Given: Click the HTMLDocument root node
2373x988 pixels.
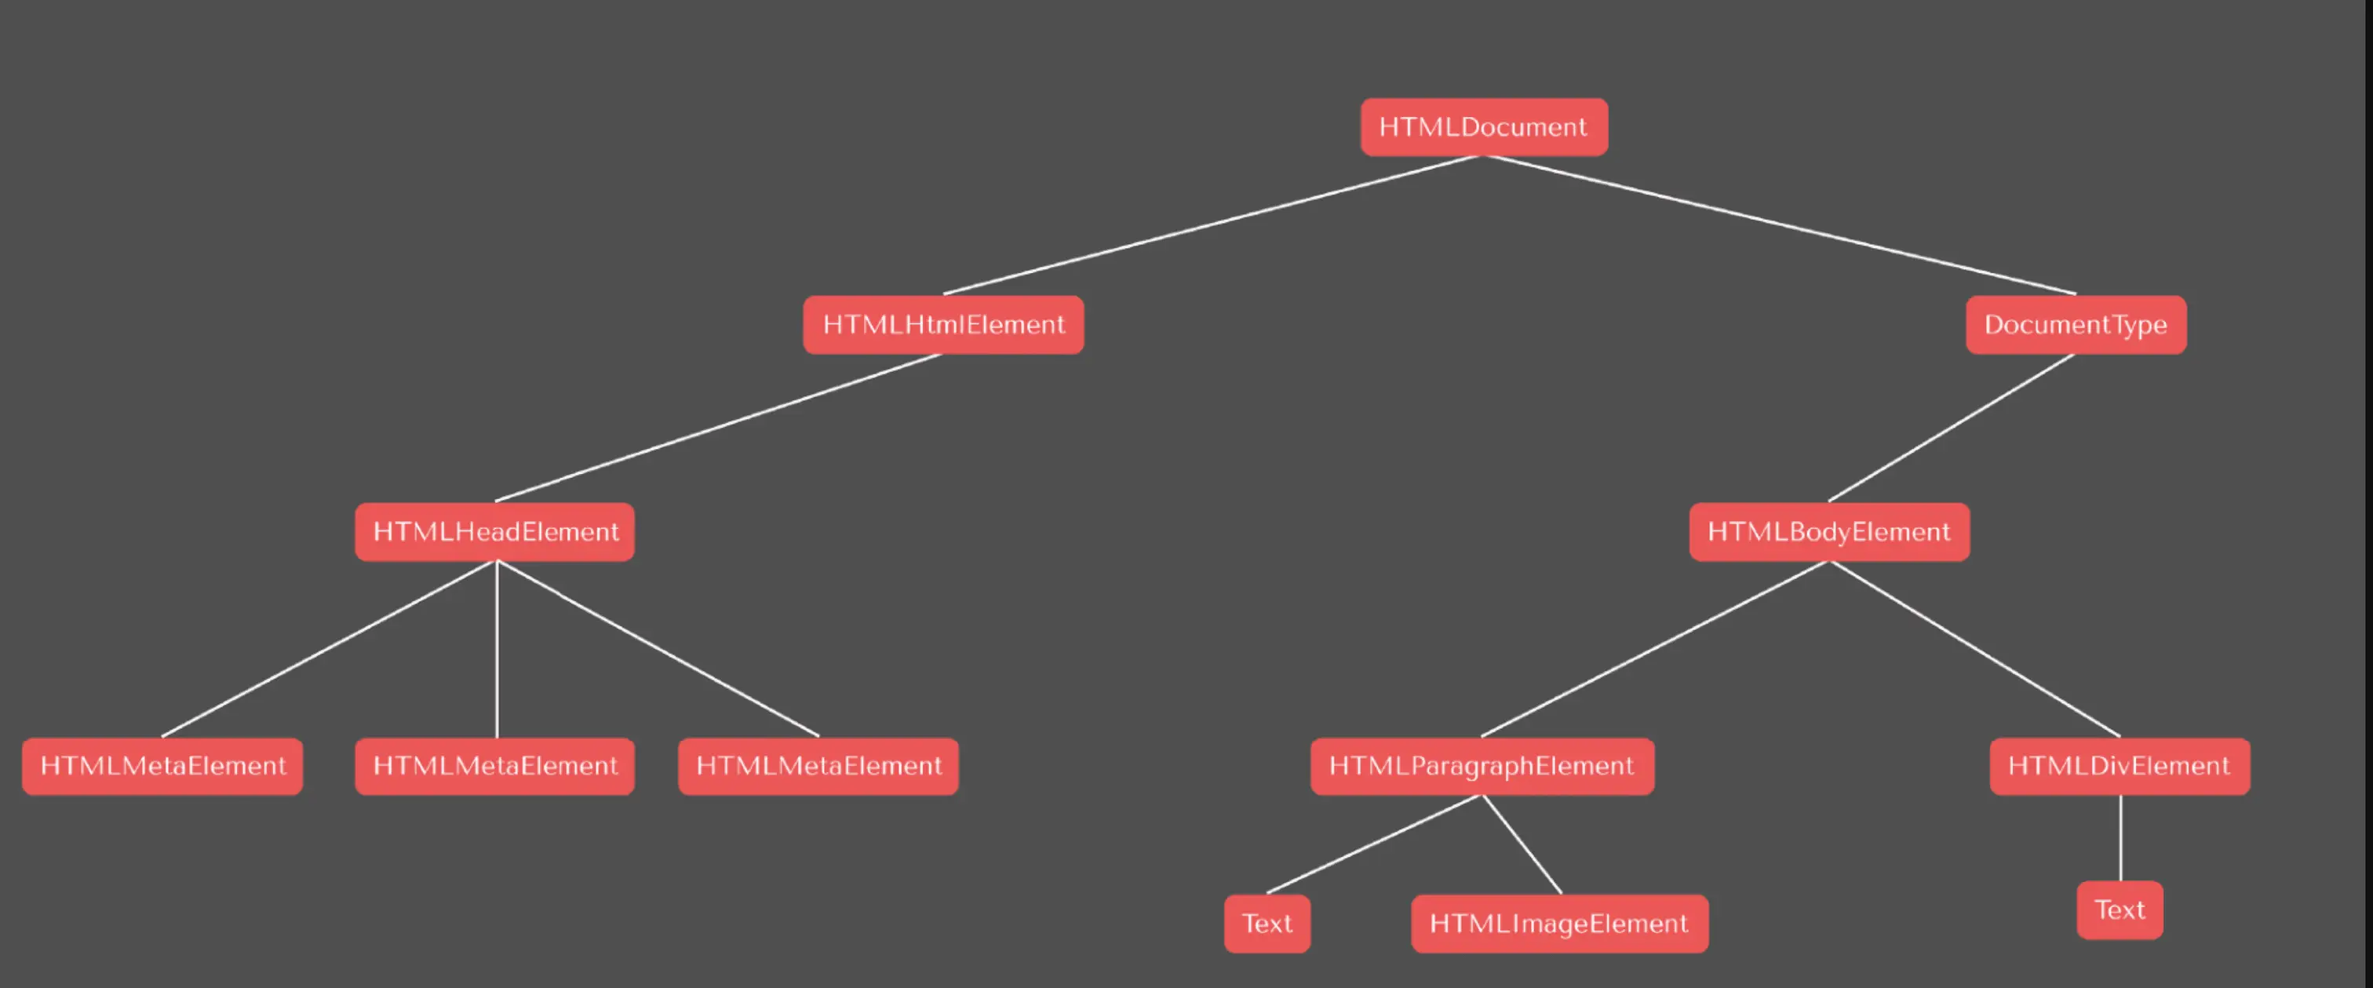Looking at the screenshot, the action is click(x=1483, y=127).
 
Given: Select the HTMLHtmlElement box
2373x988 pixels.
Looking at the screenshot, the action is click(x=943, y=324).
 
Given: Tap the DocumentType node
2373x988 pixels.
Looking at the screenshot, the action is click(x=2076, y=324).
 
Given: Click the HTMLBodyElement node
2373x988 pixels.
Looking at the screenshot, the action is click(x=1828, y=532).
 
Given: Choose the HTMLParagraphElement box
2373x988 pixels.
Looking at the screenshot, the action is click(x=1482, y=766).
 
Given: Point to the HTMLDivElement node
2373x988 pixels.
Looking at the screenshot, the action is click(x=2119, y=766).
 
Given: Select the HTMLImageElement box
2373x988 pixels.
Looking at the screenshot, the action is click(x=1558, y=924).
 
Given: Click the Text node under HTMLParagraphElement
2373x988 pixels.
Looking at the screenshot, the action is click(x=1267, y=924).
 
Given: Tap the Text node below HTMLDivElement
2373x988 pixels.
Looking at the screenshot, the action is click(x=2119, y=910).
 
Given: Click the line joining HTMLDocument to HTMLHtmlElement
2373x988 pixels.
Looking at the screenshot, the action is click(x=1212, y=225).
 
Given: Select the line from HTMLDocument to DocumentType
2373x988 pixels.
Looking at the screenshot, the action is click(x=1778, y=225).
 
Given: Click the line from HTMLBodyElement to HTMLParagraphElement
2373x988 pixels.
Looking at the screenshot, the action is click(x=1654, y=649).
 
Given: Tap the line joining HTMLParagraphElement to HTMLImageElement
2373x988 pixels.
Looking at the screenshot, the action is click(x=1521, y=844).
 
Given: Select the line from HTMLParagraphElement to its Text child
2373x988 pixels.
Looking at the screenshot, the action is click(x=1373, y=844).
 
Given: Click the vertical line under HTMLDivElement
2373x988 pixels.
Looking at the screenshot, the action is click(x=2120, y=838).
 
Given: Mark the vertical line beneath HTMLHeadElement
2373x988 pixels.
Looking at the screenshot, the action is click(x=497, y=649).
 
